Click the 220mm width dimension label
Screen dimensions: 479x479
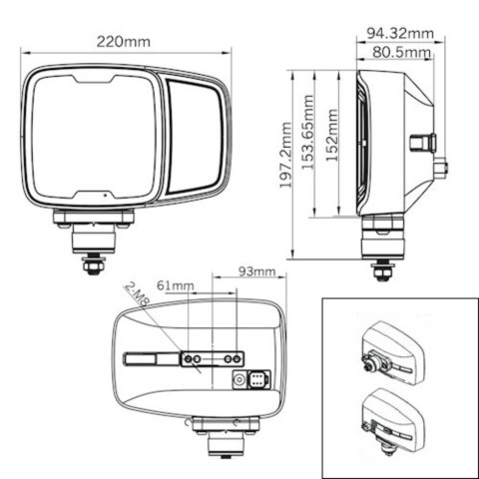(124, 42)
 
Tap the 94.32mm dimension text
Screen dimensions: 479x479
(400, 33)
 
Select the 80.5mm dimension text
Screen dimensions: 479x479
(401, 52)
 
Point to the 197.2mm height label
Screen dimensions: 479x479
(285, 155)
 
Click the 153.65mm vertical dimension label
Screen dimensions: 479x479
(307, 133)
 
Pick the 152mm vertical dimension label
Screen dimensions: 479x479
(331, 135)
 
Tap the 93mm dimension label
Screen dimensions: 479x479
(257, 271)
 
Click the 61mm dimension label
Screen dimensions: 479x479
(176, 285)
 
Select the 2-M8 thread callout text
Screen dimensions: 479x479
(137, 293)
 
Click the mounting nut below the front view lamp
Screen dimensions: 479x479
(94, 265)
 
